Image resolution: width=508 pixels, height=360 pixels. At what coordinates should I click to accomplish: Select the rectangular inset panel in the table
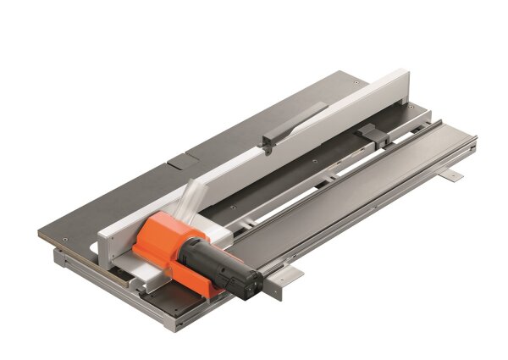[x=180, y=158]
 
